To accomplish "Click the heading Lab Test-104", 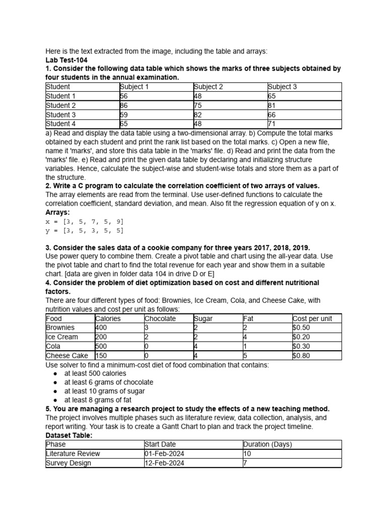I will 67,60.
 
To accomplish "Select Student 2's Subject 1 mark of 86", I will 124,105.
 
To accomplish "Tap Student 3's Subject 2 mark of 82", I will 198,114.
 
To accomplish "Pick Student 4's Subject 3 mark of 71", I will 272,123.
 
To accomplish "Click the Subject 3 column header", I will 282,87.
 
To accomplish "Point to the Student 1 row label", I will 60,96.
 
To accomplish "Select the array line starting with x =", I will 84,221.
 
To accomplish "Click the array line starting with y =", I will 84,230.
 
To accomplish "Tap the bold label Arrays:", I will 58,212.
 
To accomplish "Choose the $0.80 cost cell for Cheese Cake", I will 302,355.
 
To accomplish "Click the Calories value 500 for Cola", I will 101,346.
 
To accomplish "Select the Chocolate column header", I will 160,318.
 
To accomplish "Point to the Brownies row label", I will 60,328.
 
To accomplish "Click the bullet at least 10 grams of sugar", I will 104,391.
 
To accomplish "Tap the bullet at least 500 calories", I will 95,373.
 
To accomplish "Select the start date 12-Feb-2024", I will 164,463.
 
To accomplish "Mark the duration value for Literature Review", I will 246,454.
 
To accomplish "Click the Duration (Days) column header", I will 267,444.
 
